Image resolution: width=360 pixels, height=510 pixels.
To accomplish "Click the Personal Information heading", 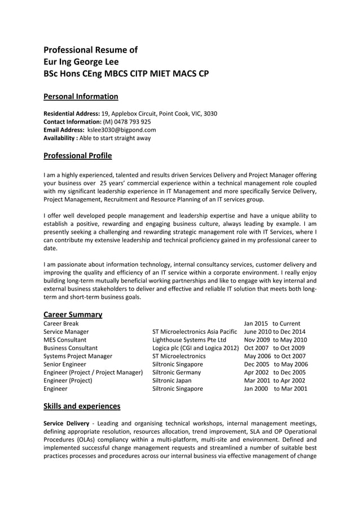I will coord(81,97).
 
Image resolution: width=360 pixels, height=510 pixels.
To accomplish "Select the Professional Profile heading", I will coord(77,156).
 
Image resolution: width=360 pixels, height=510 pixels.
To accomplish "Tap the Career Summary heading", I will coord(73,315).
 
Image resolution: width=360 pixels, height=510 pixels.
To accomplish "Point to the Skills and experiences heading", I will coord(81,406).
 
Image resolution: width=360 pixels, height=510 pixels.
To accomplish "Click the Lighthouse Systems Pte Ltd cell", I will coord(189,340).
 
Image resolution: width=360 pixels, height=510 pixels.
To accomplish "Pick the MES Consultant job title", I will coord(65,340).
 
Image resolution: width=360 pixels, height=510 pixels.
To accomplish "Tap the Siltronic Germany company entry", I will coord(177,373).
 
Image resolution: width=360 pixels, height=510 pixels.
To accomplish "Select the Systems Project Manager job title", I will coord(78,356).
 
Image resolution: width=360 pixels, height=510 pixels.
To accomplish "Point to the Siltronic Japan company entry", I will coord(172,381).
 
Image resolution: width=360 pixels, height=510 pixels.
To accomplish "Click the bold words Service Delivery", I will coord(66,423).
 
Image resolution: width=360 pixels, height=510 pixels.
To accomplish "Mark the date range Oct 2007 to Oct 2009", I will coord(274,348).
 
